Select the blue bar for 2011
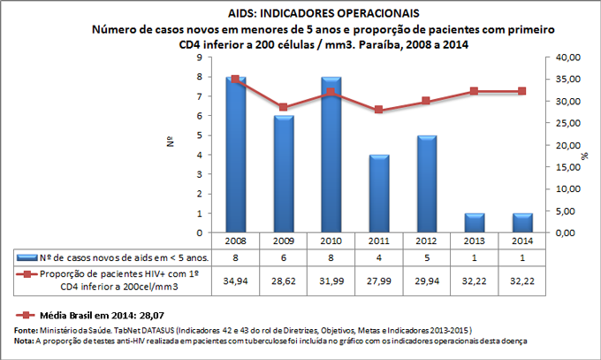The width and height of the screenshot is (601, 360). pos(377,194)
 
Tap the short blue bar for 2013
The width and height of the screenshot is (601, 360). pos(473,223)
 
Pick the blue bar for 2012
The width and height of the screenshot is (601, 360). pos(425,184)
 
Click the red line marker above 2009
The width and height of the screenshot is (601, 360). pos(283,107)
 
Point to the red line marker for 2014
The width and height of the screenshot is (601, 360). pos(521,91)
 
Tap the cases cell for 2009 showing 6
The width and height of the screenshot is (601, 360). pos(283,257)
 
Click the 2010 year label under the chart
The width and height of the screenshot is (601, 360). pos(330,241)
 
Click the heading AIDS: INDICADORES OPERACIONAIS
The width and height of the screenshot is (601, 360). pos(300,13)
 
